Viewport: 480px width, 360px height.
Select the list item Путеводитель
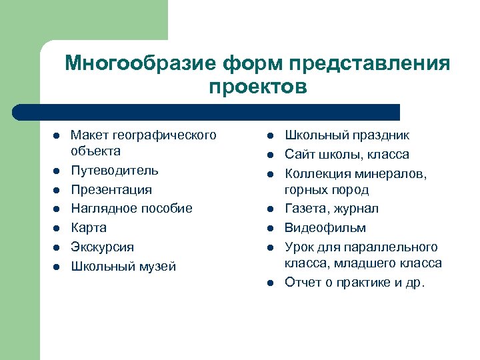(114, 171)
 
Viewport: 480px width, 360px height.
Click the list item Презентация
(111, 190)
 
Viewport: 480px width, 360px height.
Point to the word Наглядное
(102, 209)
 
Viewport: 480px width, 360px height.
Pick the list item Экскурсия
(102, 247)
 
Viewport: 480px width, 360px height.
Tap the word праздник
(378, 136)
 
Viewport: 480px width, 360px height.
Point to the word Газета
(306, 209)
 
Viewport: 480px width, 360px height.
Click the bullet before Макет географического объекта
(57, 136)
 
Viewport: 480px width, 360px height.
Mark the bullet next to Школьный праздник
(271, 136)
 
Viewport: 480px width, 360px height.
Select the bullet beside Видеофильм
(271, 228)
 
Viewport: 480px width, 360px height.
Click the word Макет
(88, 136)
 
